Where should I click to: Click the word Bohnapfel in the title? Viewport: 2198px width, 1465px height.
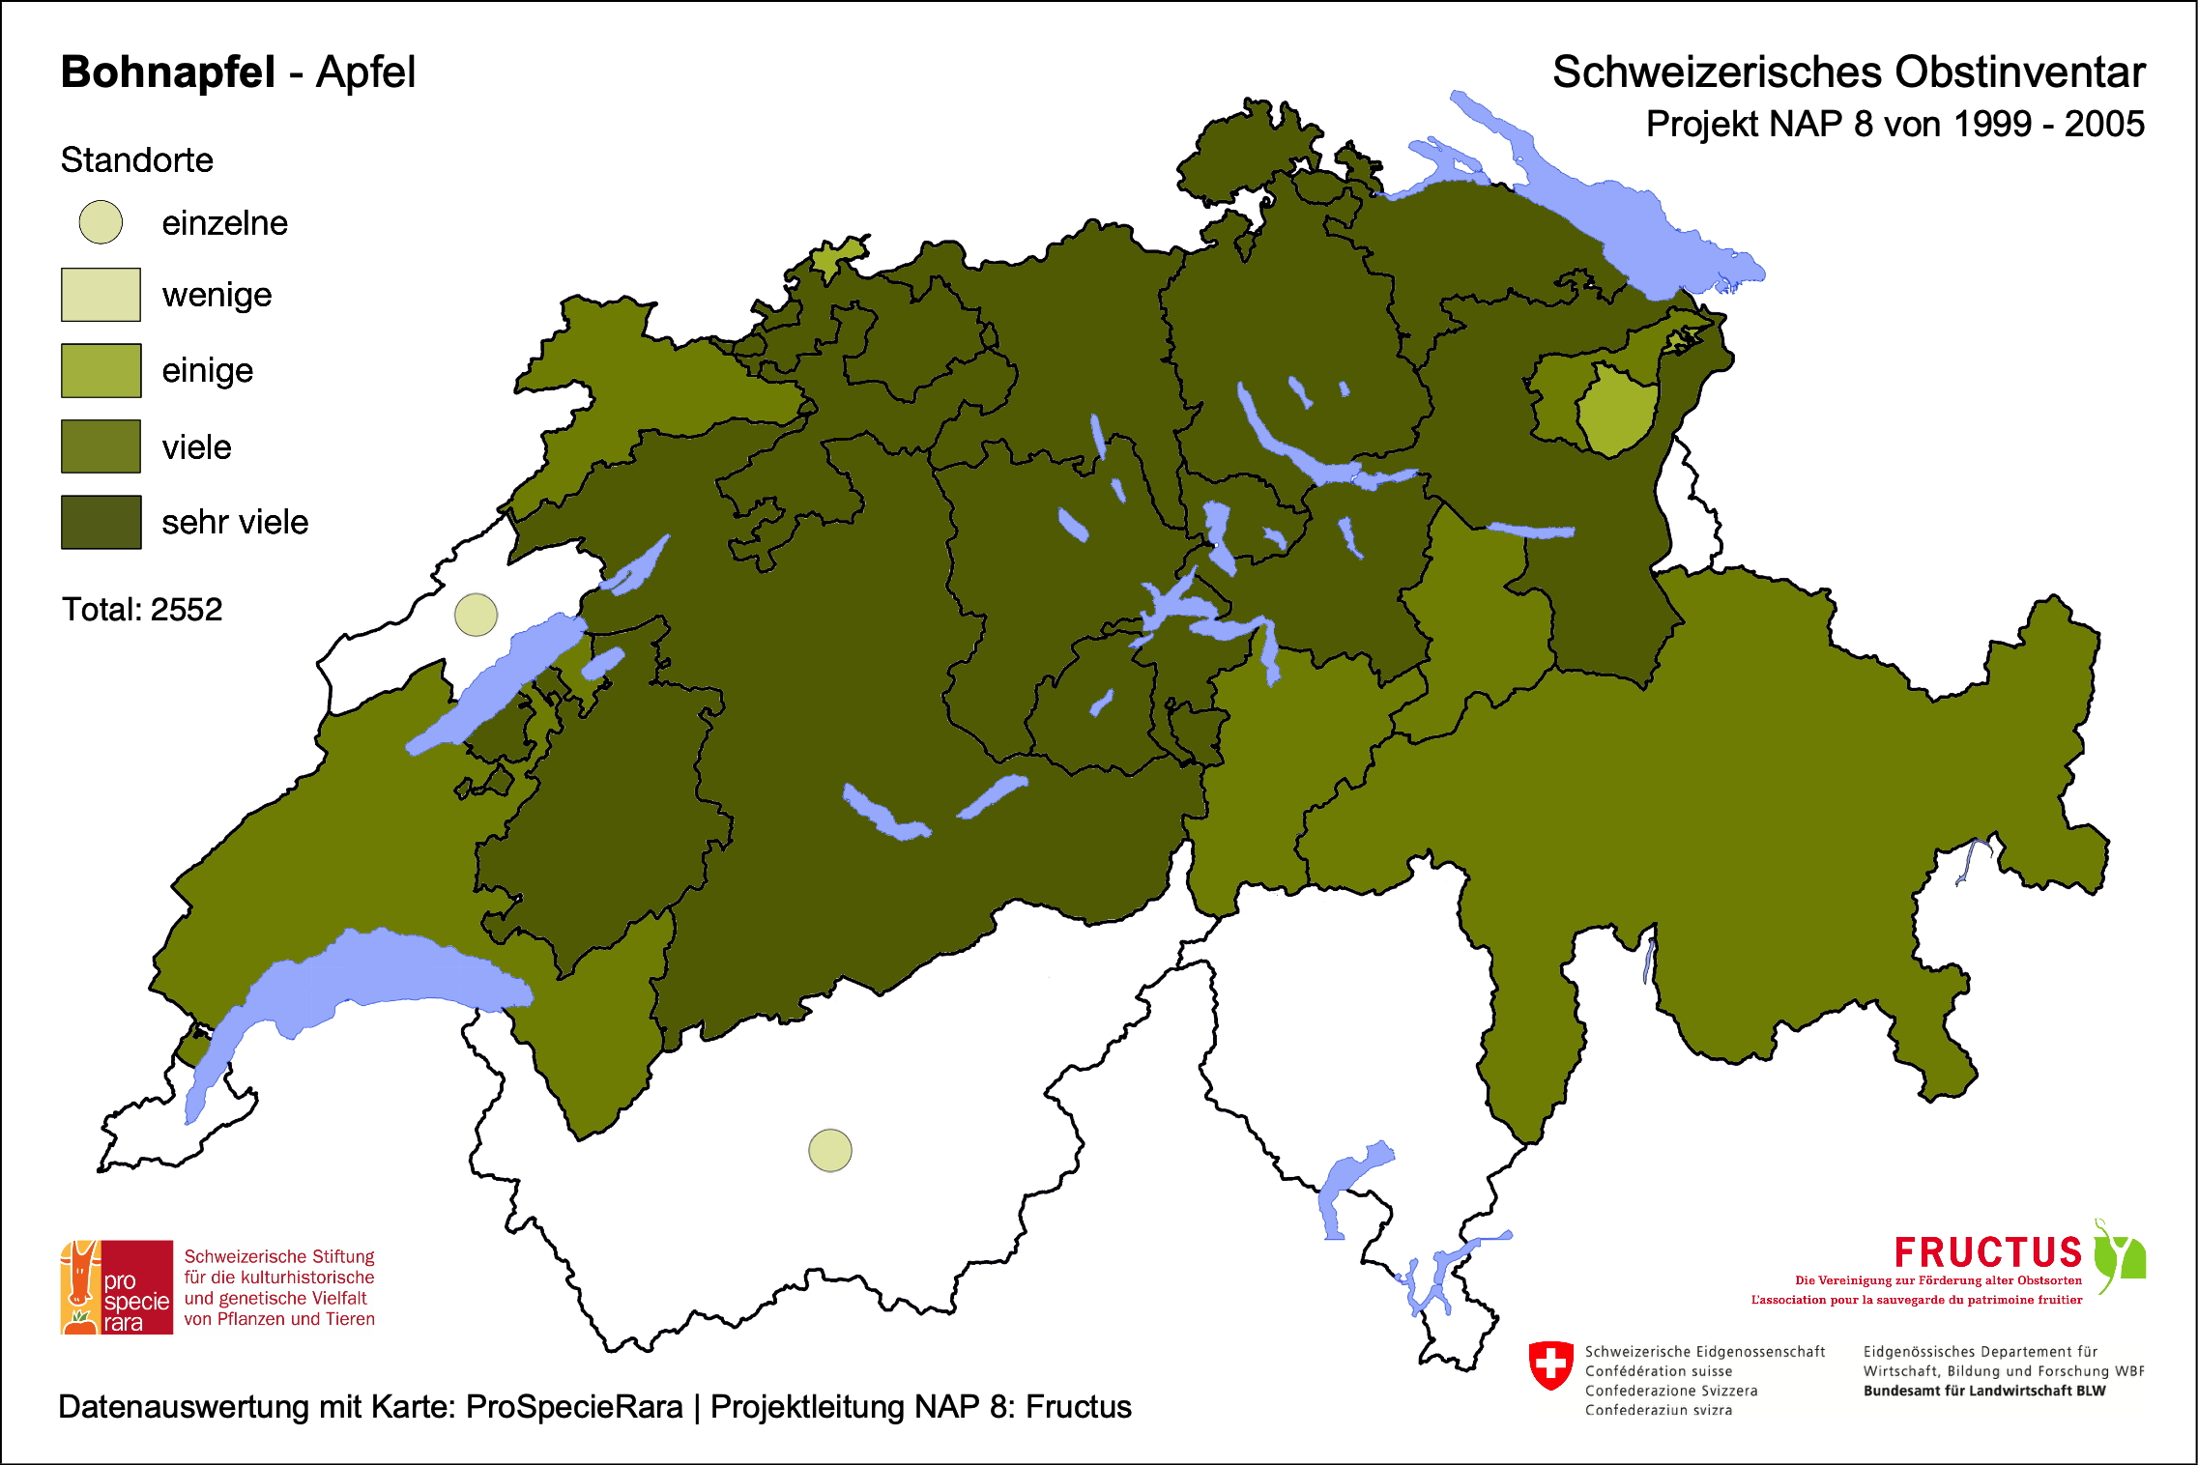point(167,72)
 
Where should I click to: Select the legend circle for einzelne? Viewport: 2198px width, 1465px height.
point(101,222)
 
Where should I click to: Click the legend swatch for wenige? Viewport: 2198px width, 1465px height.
point(101,295)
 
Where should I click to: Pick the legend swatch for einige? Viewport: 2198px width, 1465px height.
point(101,370)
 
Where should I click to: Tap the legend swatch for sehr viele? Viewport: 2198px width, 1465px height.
point(101,522)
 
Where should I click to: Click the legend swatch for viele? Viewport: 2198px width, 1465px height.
point(101,446)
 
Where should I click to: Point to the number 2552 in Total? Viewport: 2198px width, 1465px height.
point(187,610)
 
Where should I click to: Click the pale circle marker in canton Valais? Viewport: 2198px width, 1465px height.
point(829,1150)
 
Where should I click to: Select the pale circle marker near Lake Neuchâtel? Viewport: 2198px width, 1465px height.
point(476,615)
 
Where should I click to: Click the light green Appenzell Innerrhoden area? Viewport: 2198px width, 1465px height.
point(1616,411)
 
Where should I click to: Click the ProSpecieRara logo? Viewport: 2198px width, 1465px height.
point(117,1287)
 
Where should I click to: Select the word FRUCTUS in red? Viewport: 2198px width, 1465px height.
point(1987,1252)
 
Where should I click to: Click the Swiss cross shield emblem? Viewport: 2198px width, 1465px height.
point(1550,1364)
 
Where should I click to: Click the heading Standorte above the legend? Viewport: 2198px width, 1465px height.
point(136,160)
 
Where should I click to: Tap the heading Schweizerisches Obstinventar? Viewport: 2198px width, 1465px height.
point(1848,72)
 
